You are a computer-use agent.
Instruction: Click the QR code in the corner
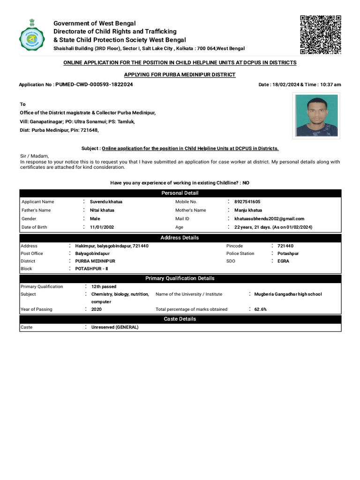point(320,35)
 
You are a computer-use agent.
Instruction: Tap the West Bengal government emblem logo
point(32,37)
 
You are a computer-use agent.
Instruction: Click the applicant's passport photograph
point(316,115)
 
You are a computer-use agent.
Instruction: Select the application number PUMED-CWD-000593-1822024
point(94,84)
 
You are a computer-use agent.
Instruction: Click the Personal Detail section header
point(180,193)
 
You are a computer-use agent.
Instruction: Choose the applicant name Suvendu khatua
point(106,202)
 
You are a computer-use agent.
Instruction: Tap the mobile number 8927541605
point(247,202)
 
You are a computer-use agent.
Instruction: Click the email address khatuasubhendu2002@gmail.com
point(269,218)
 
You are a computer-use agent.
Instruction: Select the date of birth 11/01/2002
point(102,227)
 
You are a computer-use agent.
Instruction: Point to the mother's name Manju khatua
point(248,210)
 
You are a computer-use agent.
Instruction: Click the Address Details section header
point(180,238)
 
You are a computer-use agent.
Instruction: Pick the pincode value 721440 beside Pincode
point(285,246)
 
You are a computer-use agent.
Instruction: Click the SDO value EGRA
point(283,261)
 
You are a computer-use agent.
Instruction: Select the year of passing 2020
point(96,309)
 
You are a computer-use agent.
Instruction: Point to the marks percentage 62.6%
point(261,309)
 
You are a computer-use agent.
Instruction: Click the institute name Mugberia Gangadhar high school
point(288,294)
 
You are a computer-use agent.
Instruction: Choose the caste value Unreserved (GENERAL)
point(115,327)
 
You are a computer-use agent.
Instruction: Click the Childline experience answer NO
point(246,183)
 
